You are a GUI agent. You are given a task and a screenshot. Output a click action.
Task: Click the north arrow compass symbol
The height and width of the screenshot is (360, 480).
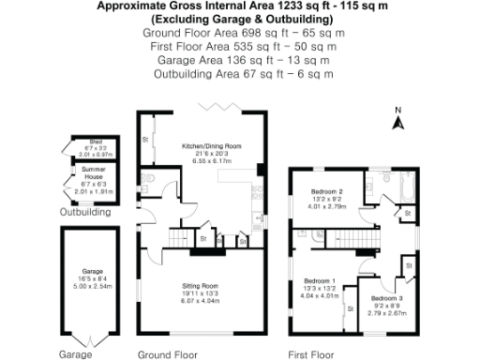[x=397, y=121]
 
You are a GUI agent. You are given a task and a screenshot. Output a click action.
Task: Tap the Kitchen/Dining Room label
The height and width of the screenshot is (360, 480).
[x=211, y=146]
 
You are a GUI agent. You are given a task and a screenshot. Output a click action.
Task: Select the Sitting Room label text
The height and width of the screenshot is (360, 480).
[x=200, y=284]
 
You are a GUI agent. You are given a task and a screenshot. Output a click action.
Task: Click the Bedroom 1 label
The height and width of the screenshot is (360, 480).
[x=319, y=280]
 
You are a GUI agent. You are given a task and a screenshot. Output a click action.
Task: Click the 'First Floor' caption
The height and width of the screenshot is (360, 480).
[x=310, y=354]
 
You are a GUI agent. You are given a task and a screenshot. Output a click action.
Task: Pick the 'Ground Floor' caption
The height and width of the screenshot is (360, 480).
[x=166, y=354]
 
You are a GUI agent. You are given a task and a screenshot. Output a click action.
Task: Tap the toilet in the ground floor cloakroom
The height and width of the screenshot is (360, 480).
[x=151, y=179]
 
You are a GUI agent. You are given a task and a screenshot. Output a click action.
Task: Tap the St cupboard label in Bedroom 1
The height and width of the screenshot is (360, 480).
[x=350, y=307]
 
